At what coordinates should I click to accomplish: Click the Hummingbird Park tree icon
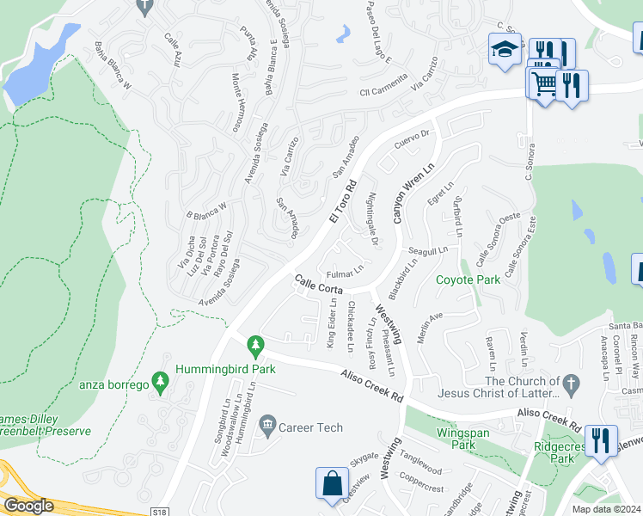pyautogui.click(x=254, y=346)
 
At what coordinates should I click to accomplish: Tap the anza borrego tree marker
pyautogui.click(x=158, y=379)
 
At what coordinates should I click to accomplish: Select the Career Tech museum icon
pyautogui.click(x=267, y=423)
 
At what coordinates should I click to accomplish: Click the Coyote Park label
pyautogui.click(x=468, y=279)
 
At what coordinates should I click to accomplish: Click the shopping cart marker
pyautogui.click(x=542, y=84)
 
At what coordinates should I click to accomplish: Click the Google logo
pyautogui.click(x=28, y=506)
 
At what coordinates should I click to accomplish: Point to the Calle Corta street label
pyautogui.click(x=320, y=286)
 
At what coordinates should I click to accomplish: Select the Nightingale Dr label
pyautogui.click(x=373, y=219)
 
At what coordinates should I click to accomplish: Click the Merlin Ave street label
pyautogui.click(x=430, y=328)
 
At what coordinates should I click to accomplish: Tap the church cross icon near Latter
pyautogui.click(x=568, y=381)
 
